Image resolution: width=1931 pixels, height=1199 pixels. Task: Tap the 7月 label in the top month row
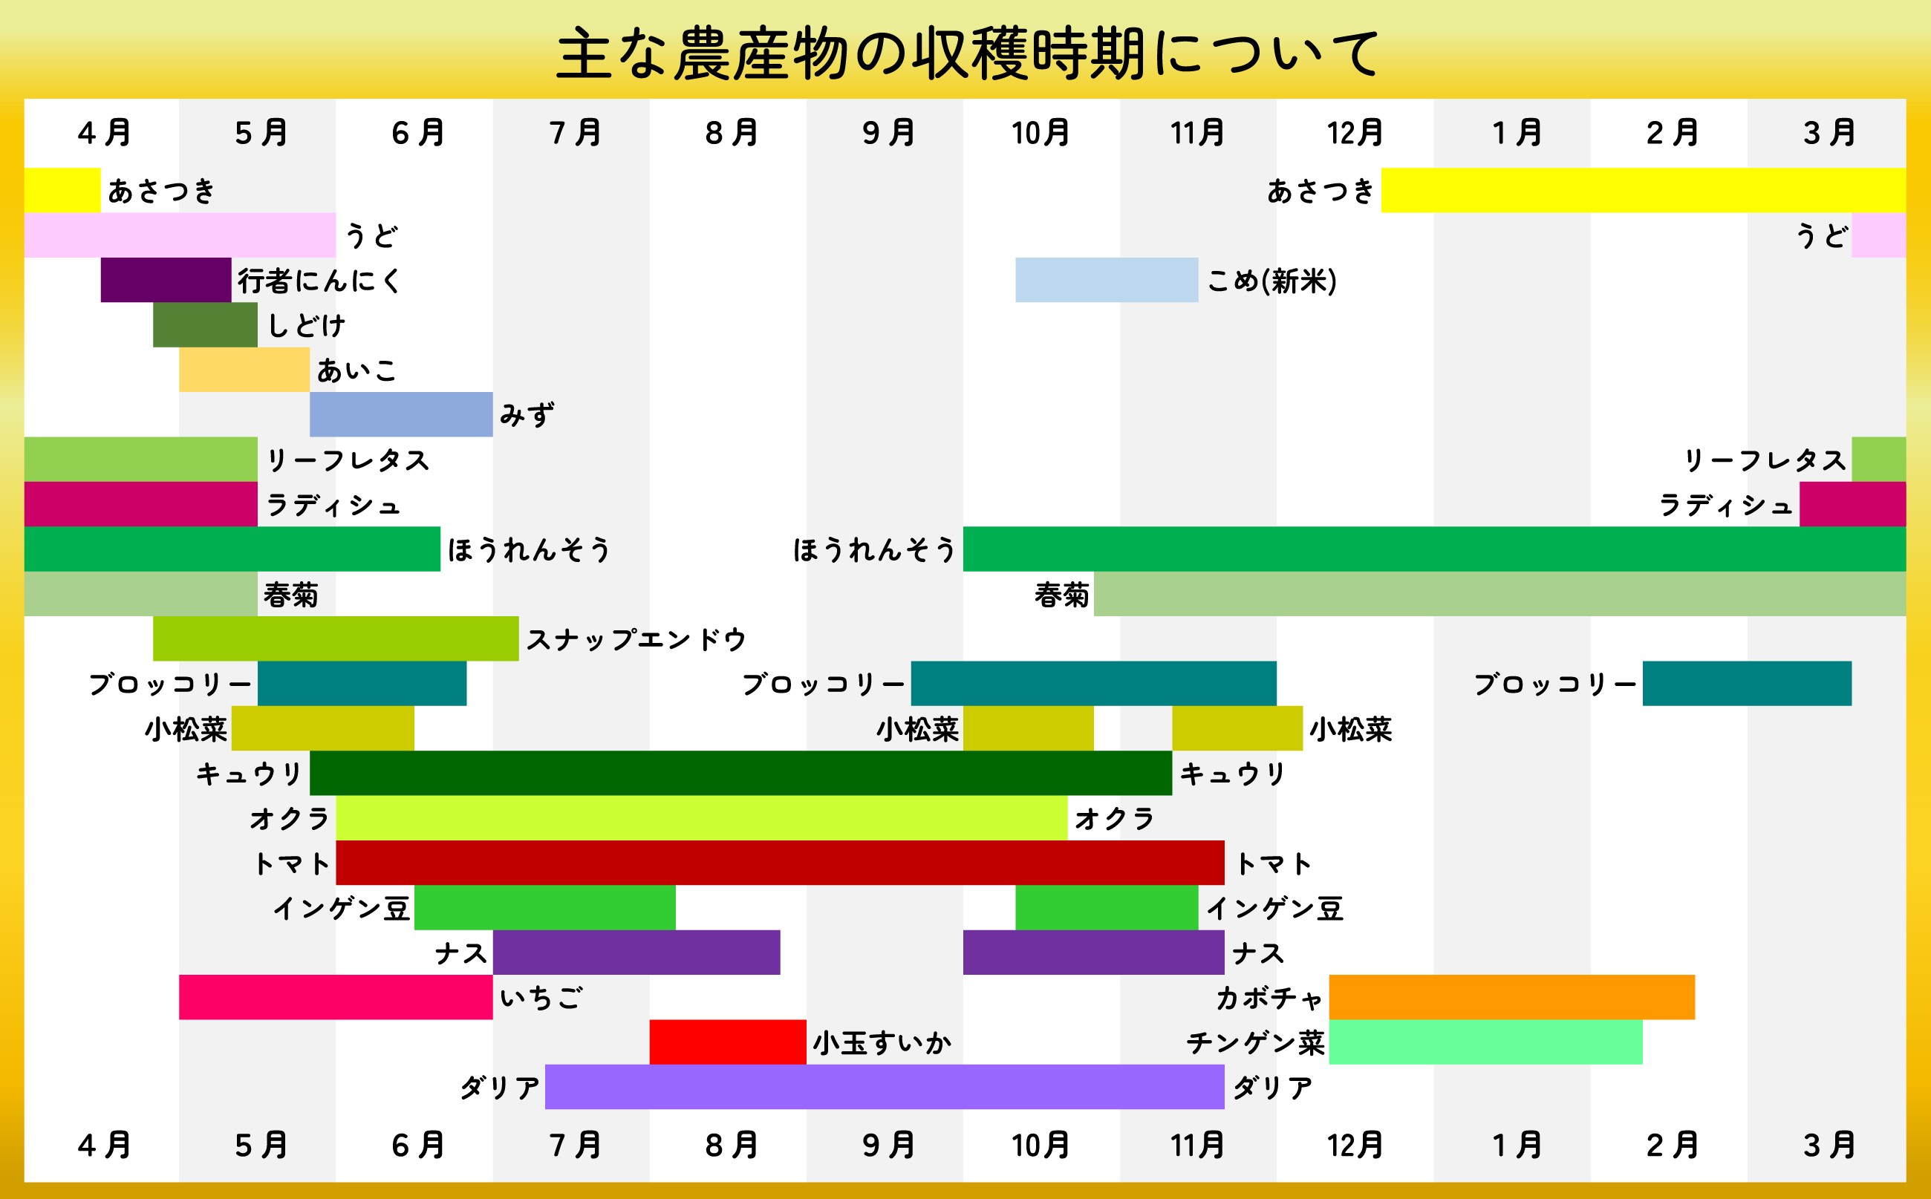coord(574,132)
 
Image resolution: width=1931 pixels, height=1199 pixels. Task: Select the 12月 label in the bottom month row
coord(1355,1145)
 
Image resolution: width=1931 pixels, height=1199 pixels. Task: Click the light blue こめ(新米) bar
coord(1106,280)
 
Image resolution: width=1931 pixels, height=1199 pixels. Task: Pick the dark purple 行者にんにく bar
coord(166,280)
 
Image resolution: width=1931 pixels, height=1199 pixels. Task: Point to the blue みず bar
coord(400,414)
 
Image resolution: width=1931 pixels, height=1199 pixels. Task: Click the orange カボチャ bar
coord(1511,997)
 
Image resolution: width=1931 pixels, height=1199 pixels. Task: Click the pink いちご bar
coord(336,997)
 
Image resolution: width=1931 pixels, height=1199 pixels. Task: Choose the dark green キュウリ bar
coord(740,773)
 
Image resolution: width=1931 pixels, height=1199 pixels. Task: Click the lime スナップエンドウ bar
coord(336,638)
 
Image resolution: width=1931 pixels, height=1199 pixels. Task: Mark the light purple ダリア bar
coord(885,1086)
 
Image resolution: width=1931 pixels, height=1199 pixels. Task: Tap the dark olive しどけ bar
coord(205,324)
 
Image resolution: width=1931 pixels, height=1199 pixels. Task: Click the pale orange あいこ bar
coord(244,370)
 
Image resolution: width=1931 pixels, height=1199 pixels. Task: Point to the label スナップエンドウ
coord(636,639)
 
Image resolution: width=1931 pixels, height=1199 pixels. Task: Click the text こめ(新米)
coord(1271,281)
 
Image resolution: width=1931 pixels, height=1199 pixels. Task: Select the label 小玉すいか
coord(882,1043)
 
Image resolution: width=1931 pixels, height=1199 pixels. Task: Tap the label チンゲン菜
coord(1255,1043)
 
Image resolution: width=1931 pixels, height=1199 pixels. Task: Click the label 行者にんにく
coord(319,281)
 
